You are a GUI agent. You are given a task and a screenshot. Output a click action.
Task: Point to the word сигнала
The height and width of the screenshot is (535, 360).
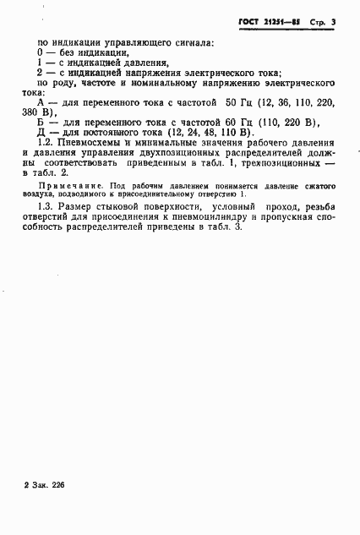(191, 41)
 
